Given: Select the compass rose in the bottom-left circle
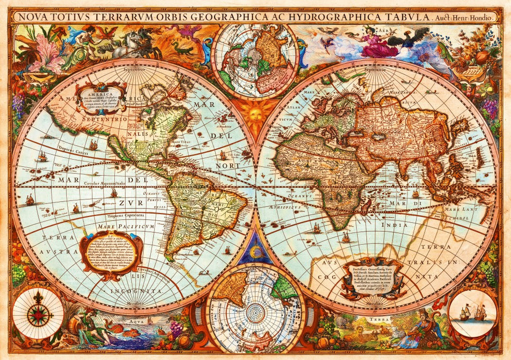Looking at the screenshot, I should click(x=38, y=314).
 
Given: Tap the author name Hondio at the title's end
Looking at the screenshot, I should click(x=483, y=17).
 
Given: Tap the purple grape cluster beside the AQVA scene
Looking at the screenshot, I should click(x=176, y=328).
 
